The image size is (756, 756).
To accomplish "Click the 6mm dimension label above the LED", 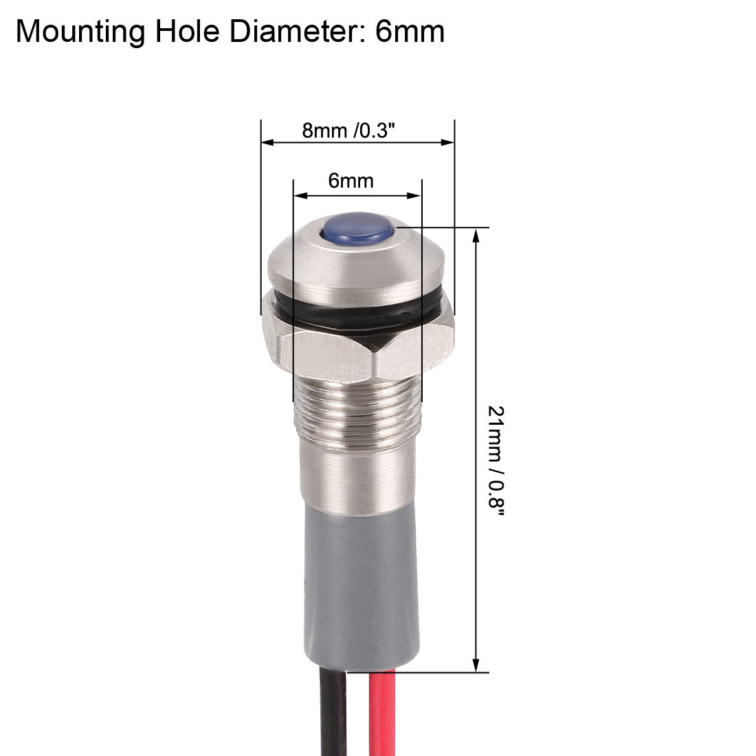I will click(351, 181).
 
